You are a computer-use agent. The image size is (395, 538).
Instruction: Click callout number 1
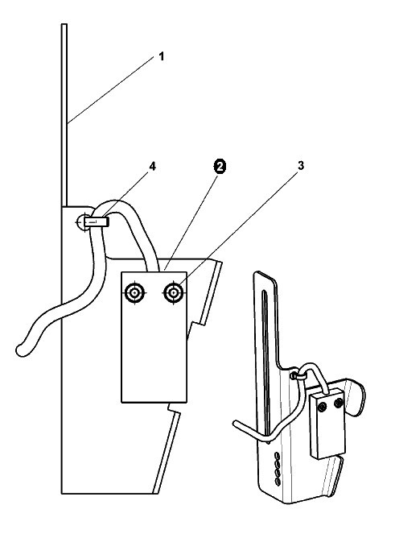point(162,56)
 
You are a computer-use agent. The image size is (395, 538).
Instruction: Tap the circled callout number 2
point(220,167)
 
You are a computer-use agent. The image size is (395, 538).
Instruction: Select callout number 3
point(300,166)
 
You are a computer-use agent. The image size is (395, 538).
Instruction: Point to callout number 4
point(152,167)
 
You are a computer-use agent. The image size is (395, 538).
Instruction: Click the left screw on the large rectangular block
point(134,293)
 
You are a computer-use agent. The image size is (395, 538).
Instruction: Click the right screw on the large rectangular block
point(174,293)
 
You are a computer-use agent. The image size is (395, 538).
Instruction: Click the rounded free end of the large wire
point(21,350)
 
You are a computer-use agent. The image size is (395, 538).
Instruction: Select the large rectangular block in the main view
point(154,337)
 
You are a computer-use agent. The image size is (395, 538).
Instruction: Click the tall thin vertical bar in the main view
point(64,115)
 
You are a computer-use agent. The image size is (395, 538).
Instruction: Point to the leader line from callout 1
point(111,90)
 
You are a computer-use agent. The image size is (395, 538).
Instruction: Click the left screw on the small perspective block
point(322,408)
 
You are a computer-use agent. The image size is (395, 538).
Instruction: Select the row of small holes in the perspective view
point(278,470)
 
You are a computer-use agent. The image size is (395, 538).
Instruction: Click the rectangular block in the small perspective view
point(327,424)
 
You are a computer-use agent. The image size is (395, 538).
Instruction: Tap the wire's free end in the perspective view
point(237,424)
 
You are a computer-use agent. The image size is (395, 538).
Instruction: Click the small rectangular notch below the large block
point(174,408)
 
